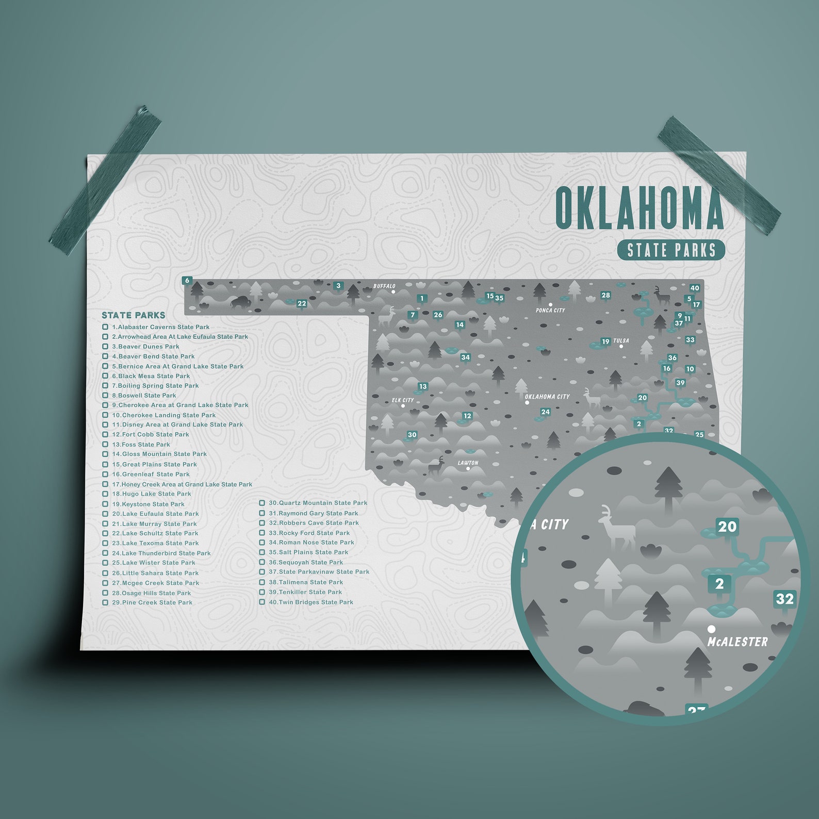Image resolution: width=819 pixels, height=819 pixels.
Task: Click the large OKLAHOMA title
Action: (639, 208)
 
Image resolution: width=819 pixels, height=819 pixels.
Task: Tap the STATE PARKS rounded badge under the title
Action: (671, 250)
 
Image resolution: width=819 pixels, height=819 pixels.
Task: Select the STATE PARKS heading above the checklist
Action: (134, 315)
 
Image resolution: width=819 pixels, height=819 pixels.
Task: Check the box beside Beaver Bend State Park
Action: (105, 356)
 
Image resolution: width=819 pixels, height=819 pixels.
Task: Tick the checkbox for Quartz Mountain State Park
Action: (262, 503)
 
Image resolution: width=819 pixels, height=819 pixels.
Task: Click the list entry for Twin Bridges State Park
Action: (311, 602)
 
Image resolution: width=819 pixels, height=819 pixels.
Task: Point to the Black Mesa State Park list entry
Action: (151, 376)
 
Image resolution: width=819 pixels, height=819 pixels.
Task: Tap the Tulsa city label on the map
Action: (621, 341)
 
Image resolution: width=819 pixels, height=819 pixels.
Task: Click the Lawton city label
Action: (468, 463)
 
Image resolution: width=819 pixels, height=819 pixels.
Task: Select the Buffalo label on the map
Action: (384, 286)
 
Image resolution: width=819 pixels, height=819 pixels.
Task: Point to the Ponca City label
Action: (550, 310)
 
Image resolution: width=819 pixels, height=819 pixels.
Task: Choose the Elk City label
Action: (403, 400)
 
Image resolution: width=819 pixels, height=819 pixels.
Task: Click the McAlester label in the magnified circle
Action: (738, 642)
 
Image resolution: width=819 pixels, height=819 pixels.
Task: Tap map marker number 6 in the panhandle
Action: (187, 281)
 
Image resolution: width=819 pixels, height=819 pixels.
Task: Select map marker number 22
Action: (302, 304)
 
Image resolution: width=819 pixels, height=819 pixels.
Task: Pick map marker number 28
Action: (605, 296)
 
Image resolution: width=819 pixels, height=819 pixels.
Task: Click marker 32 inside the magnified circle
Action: (784, 599)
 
